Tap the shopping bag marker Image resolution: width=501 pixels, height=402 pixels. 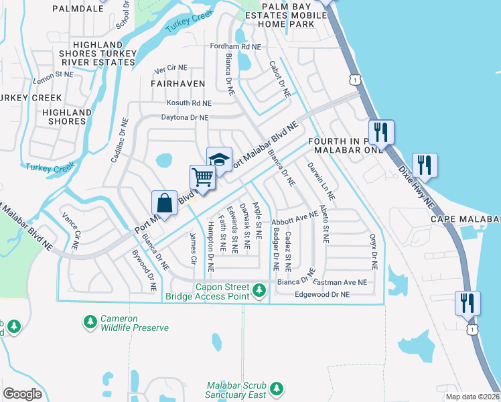pos(164,202)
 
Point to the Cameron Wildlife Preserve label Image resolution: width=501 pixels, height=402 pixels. pos(134,323)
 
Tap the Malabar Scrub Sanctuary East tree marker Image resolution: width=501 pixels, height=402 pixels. pos(276,389)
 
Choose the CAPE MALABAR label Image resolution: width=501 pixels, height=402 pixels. pos(466,219)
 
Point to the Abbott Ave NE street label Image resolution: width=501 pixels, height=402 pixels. pos(295,220)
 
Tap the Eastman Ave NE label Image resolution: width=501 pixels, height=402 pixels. pos(341,283)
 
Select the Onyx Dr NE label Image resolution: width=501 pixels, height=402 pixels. pos(372,251)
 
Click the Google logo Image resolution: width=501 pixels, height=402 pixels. pos(22,394)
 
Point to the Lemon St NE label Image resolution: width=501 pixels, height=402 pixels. pos(53,76)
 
